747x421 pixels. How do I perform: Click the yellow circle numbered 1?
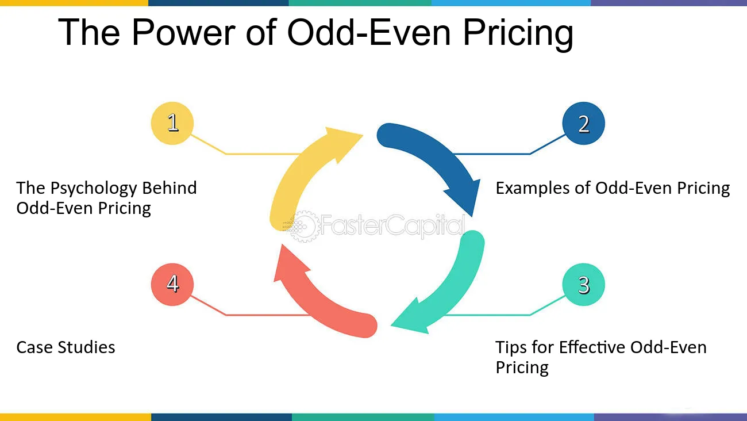pyautogui.click(x=172, y=123)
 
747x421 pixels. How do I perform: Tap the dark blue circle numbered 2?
pyautogui.click(x=583, y=123)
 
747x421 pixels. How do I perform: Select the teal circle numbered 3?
pyautogui.click(x=583, y=285)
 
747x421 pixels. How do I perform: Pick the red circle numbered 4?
pyautogui.click(x=172, y=285)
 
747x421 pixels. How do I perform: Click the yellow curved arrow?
pyautogui.click(x=300, y=167)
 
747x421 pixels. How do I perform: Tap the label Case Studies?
pyautogui.click(x=66, y=347)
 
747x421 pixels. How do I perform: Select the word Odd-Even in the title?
pyautogui.click(x=369, y=32)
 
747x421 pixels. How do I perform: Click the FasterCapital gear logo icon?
pyautogui.click(x=301, y=227)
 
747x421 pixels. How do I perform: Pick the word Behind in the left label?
pyautogui.click(x=170, y=187)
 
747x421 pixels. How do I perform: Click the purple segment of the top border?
pyautogui.click(x=669, y=3)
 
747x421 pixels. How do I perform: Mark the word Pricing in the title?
pyautogui.click(x=518, y=34)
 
